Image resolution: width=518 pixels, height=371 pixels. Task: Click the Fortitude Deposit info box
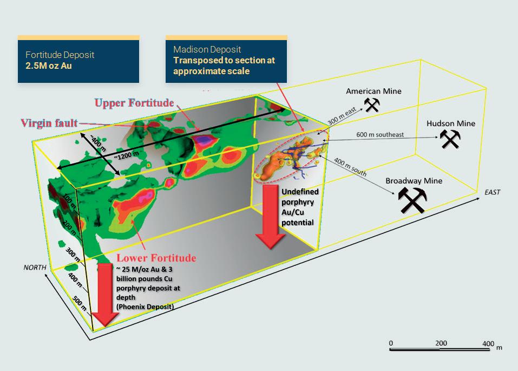(78, 60)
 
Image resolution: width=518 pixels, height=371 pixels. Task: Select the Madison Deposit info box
(226, 60)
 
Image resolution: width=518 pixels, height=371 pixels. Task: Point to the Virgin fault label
(49, 123)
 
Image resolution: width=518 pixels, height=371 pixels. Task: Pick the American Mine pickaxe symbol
(372, 105)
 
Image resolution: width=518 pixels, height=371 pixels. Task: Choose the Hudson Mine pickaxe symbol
(449, 139)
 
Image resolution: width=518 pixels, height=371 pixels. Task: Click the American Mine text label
(373, 91)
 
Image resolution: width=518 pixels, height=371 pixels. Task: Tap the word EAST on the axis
(492, 192)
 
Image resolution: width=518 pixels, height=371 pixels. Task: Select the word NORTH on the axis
(34, 268)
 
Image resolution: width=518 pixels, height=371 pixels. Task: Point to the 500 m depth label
(80, 304)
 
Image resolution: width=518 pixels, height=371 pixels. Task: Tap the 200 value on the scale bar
(441, 343)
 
